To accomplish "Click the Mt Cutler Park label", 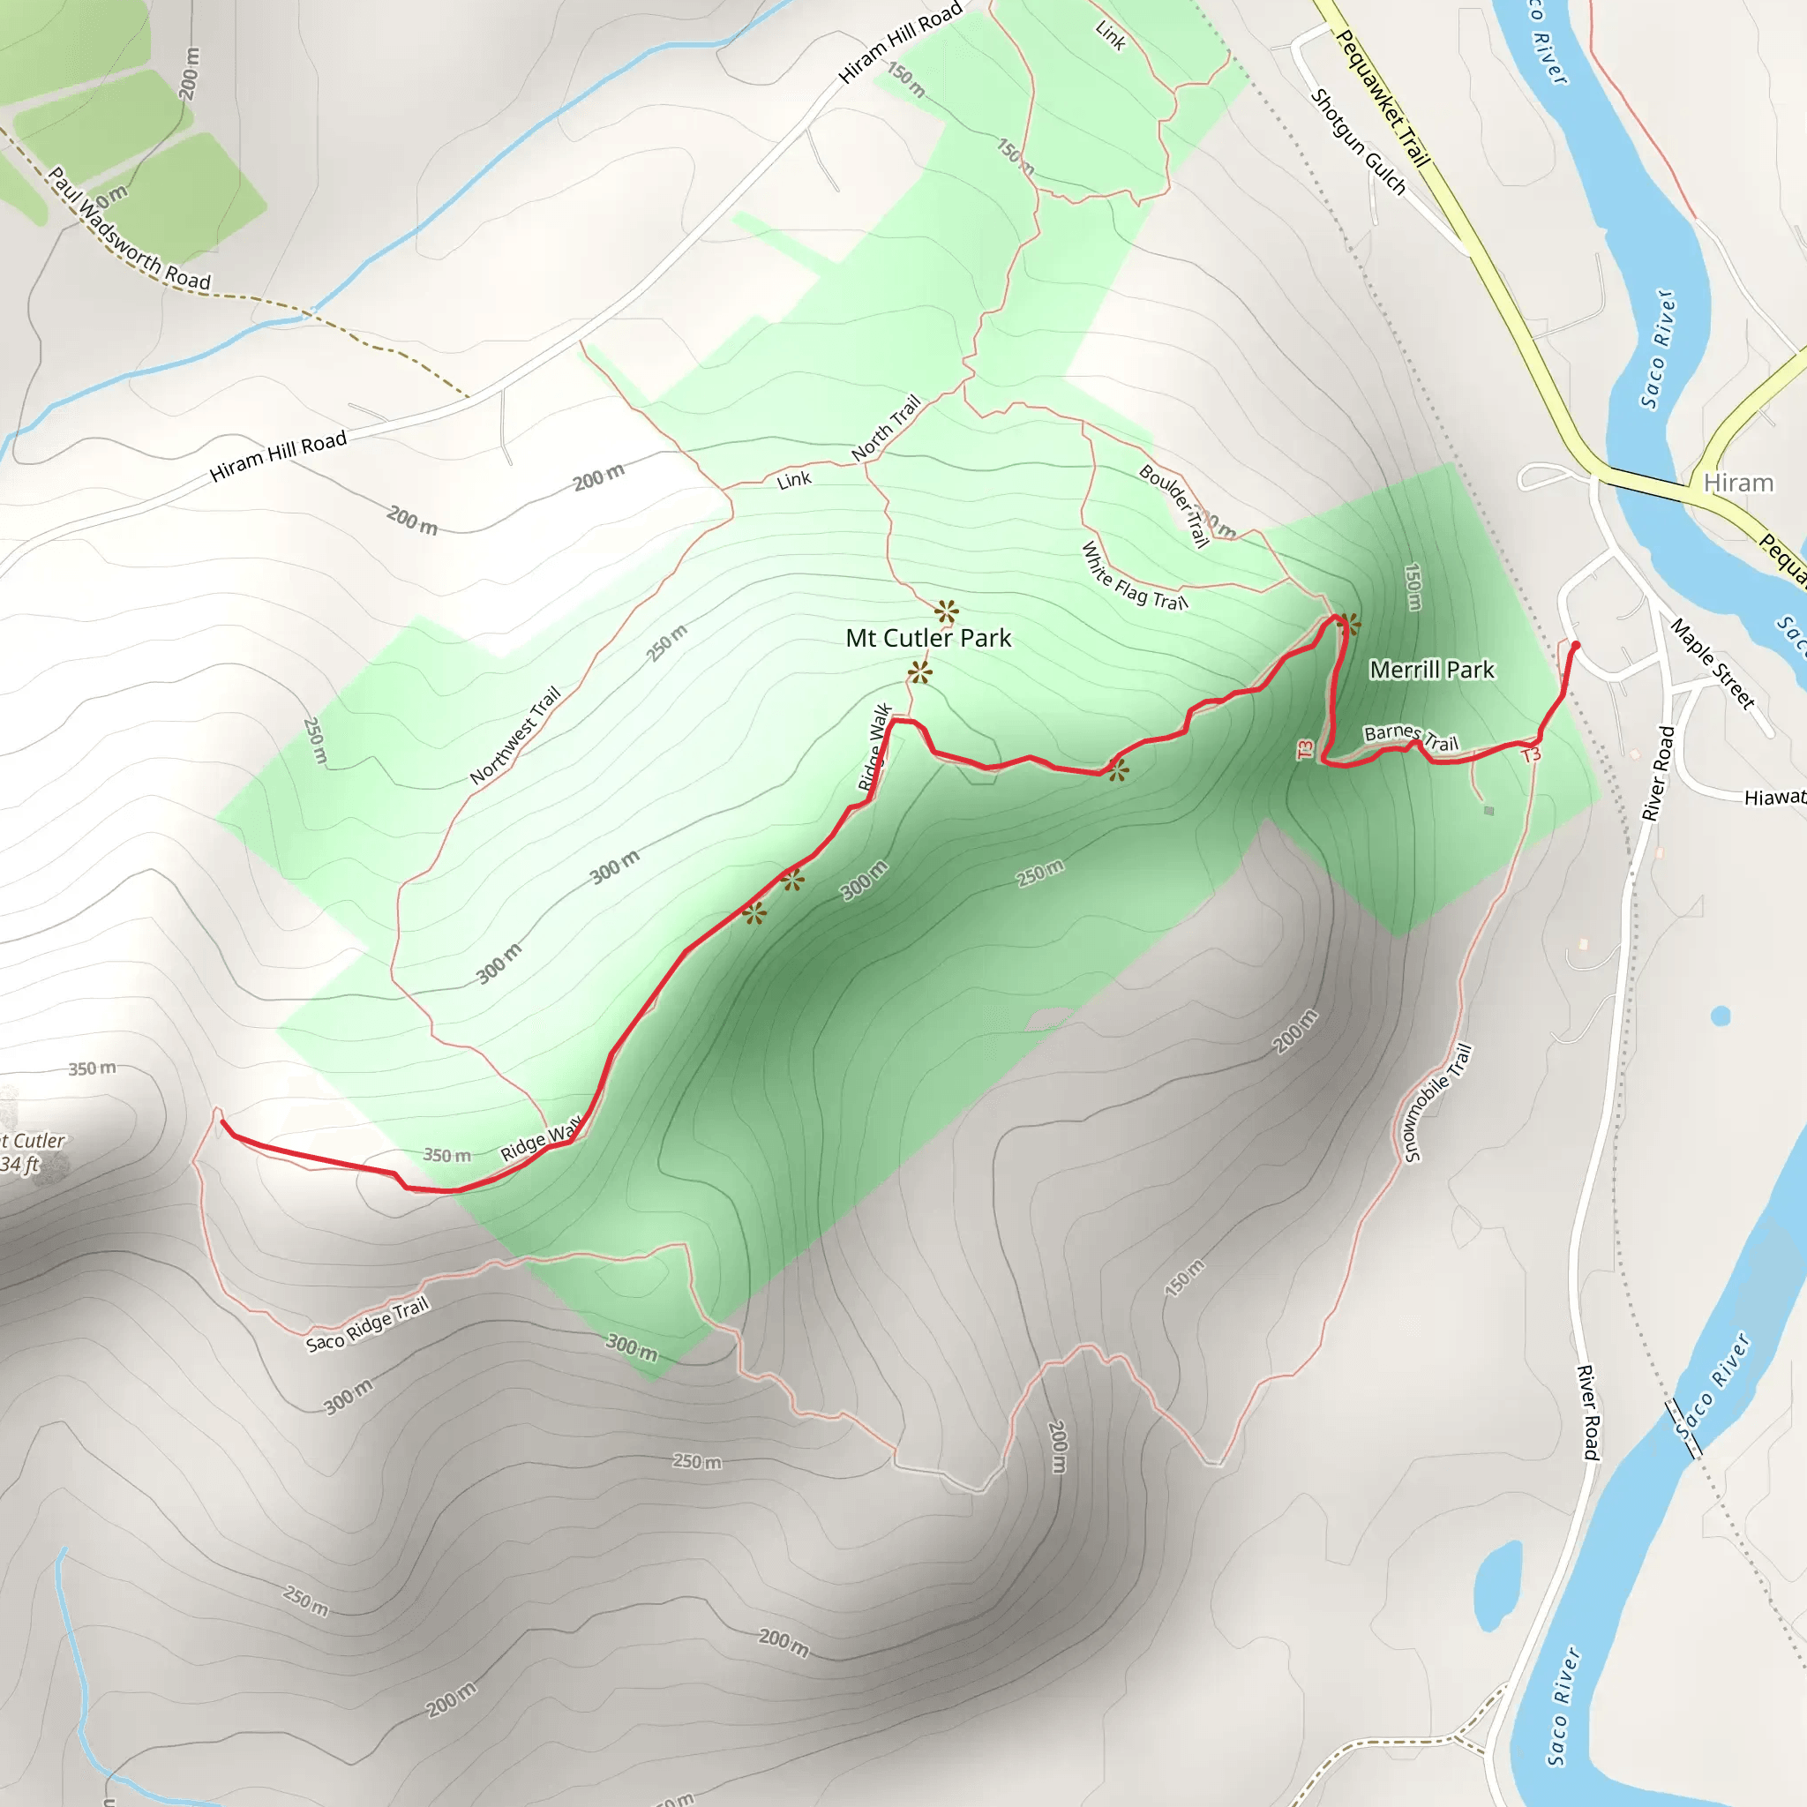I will click(x=928, y=639).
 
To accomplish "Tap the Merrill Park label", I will click(x=1431, y=670).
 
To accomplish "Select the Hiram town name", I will click(x=1738, y=483).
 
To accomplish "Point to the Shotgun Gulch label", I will click(x=1358, y=142).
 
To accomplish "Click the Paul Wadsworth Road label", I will click(x=129, y=230).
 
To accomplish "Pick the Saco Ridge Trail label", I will click(x=367, y=1324).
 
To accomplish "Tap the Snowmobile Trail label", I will click(x=1437, y=1103).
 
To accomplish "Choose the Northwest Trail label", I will click(x=514, y=735).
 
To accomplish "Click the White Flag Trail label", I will click(x=1134, y=576).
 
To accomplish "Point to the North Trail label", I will click(x=886, y=428).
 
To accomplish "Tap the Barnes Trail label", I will click(x=1411, y=737).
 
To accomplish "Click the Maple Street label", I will click(x=1712, y=663).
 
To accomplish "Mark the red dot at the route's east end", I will click(x=1576, y=645).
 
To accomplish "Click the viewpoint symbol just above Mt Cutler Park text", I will click(x=947, y=612).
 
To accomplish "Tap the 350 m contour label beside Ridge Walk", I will click(x=447, y=1155).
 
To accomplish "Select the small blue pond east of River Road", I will click(x=1720, y=1016).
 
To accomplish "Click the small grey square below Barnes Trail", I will click(x=1489, y=811).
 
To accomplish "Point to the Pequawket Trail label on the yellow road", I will click(x=1383, y=98).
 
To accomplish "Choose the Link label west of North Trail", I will click(x=794, y=480).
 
